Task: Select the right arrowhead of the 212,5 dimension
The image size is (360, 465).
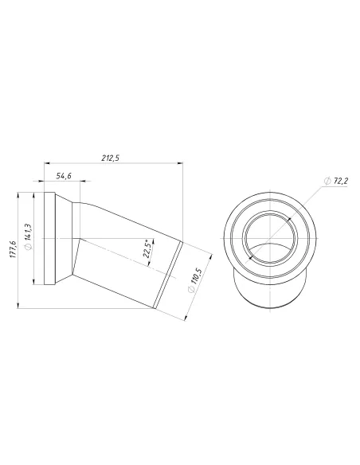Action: click(184, 164)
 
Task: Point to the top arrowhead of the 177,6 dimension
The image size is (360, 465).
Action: click(18, 193)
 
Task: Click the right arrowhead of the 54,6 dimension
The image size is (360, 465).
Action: click(76, 182)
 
